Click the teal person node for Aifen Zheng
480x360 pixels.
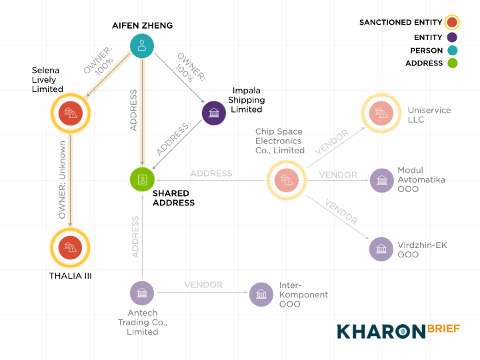(142, 46)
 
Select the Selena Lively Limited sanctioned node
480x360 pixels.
(71, 113)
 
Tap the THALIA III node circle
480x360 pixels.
(71, 247)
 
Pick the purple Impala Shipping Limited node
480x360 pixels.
(214, 113)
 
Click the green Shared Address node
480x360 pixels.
(142, 179)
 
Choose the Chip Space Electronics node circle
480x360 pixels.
(287, 180)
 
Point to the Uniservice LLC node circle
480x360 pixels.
(381, 113)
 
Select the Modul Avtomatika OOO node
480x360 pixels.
(382, 180)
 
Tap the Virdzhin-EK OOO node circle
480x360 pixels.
(381, 249)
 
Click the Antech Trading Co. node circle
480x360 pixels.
(142, 293)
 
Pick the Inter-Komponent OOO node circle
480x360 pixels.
(261, 295)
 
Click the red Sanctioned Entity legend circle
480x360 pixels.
(452, 23)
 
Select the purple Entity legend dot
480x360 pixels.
(452, 37)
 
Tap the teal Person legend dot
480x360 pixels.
(452, 50)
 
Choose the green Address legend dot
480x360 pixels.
(452, 63)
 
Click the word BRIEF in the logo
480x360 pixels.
(443, 329)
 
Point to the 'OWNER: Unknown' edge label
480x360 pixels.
(62, 180)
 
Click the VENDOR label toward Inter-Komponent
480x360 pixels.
(203, 285)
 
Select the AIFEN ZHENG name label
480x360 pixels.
(143, 25)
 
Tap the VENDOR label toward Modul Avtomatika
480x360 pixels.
(338, 175)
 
